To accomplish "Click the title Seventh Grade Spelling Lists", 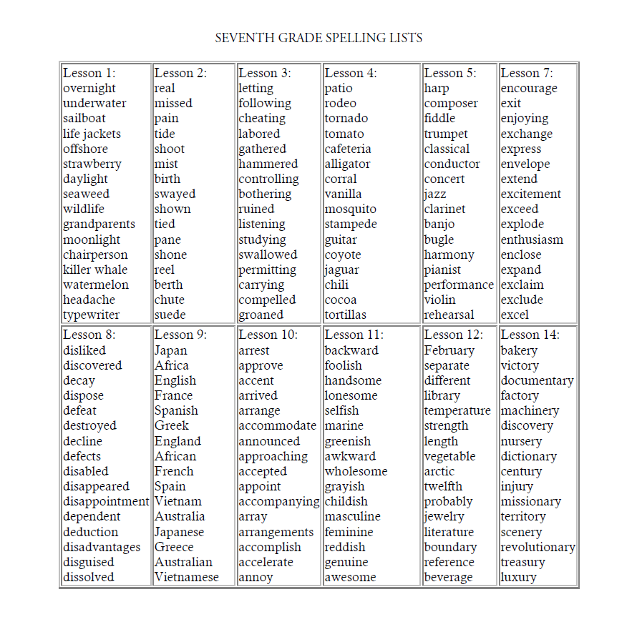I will coord(318,38).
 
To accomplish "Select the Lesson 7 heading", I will coord(527,73).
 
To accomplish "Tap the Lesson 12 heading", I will coord(453,335).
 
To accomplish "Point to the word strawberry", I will coord(92,164).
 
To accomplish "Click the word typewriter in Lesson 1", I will coord(91,315).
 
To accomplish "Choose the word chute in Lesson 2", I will coord(169,300).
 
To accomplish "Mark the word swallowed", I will coord(267,255).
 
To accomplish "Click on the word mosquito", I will coord(350,209).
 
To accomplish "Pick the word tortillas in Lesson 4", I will coord(345,315).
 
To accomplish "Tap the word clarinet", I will coord(444,209).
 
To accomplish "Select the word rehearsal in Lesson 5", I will coord(449,315).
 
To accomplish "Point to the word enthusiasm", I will coord(532,240).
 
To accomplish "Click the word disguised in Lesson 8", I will coord(88,562).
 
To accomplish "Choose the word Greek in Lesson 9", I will coord(172,425).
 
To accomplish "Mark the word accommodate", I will coord(277,425).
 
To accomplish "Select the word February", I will coord(449,350).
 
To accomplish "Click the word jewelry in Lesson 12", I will coord(444,516).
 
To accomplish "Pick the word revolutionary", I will coord(538,547).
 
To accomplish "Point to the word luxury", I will coord(518,577).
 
